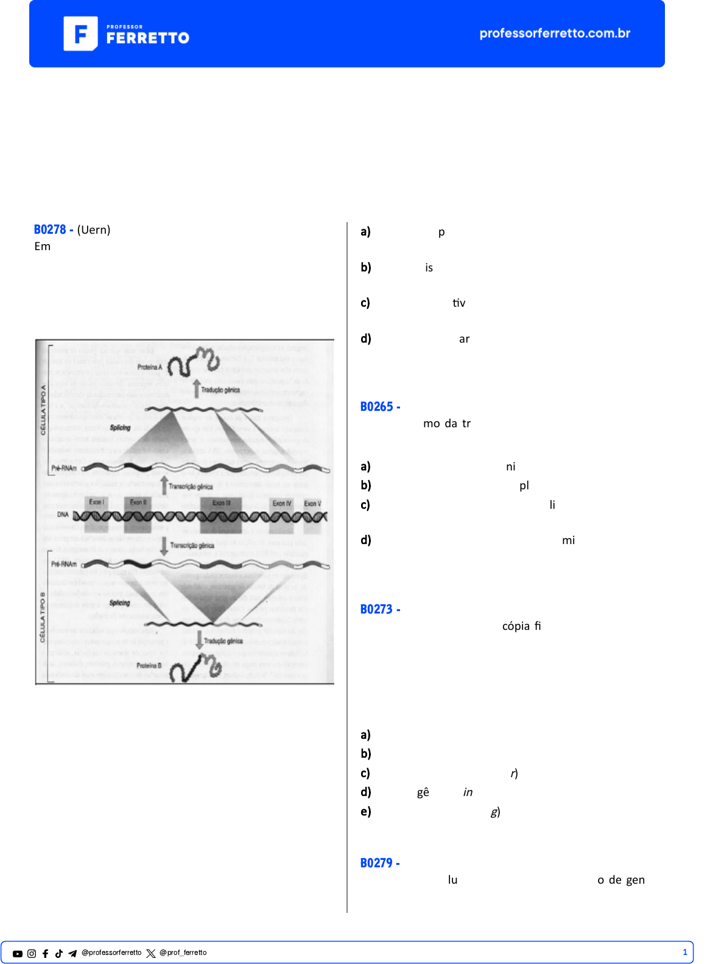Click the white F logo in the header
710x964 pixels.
(80, 33)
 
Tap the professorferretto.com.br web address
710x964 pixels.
(555, 33)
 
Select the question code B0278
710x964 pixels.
(50, 229)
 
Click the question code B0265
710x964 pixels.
(376, 407)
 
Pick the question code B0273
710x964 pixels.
(376, 609)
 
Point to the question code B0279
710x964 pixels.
(376, 863)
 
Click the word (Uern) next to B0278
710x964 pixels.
(94, 229)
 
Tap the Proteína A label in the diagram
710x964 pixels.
(150, 367)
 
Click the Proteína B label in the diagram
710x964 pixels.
(149, 665)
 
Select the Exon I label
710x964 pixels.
(96, 502)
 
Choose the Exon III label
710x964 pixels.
(222, 503)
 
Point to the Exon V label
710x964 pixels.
(312, 503)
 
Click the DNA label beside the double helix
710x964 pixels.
(63, 515)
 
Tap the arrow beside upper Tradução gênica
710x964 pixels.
(196, 389)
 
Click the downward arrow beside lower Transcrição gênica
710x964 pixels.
(164, 546)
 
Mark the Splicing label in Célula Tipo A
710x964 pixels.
(121, 428)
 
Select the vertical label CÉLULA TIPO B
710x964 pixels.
(43, 616)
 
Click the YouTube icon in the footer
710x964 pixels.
(18, 954)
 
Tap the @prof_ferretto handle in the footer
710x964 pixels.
(183, 953)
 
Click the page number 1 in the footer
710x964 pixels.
(684, 952)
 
